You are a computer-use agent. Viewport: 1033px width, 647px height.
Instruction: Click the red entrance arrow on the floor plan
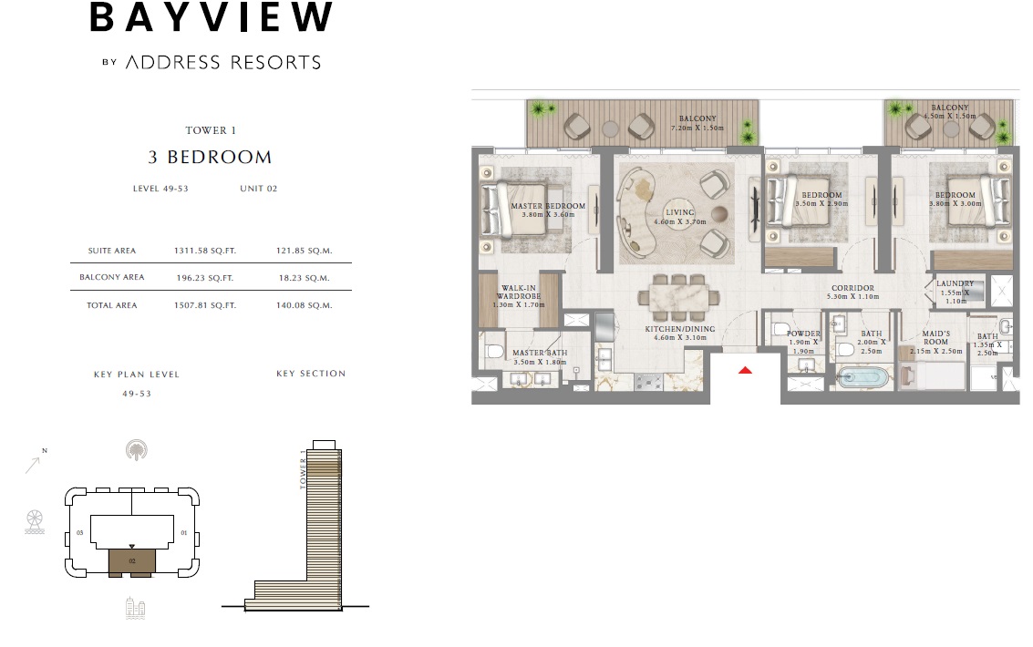(745, 370)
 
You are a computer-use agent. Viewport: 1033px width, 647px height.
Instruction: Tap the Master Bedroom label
(548, 211)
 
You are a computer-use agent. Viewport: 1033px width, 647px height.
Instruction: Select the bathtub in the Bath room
(863, 377)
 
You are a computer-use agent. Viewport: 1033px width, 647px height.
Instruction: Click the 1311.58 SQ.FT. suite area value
(204, 251)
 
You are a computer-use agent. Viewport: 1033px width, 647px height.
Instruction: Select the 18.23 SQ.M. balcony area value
(304, 278)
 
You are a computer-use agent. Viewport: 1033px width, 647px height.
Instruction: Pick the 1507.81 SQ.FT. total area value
(204, 305)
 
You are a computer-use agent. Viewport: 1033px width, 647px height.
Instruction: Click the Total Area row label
(111, 305)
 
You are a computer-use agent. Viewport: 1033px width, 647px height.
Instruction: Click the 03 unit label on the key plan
(80, 532)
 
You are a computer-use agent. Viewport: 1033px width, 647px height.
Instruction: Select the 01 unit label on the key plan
(183, 532)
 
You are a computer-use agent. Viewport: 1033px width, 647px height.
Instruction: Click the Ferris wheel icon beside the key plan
(35, 521)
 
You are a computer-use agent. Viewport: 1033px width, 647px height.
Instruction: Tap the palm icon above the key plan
(137, 448)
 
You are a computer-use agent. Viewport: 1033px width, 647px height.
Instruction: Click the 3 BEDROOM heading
(210, 157)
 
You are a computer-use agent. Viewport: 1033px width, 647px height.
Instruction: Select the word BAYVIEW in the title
(212, 18)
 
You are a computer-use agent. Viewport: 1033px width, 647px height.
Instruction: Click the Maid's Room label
(935, 338)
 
